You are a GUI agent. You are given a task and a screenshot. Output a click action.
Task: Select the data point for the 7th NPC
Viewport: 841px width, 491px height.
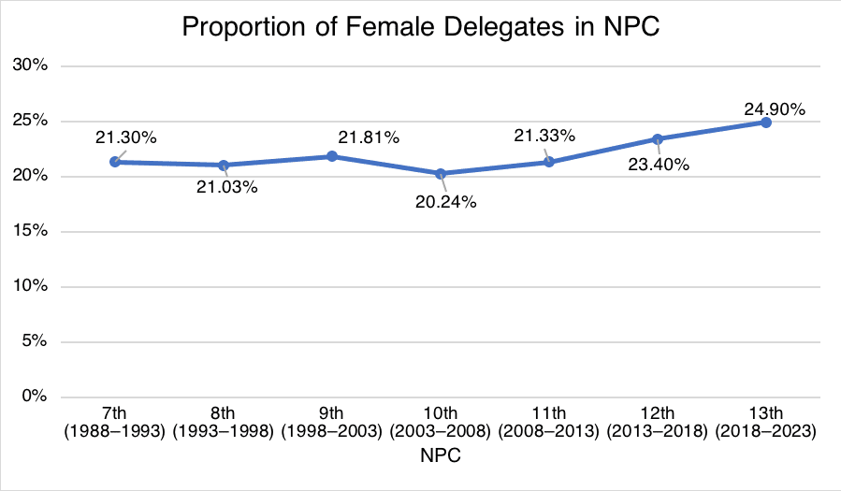pos(115,162)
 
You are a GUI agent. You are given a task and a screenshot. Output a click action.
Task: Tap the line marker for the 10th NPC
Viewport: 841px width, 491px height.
pos(441,173)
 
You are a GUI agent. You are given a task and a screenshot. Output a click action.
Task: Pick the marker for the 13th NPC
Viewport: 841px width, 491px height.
pos(765,123)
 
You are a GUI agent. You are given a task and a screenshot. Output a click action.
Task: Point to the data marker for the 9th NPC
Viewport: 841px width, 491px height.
pos(332,156)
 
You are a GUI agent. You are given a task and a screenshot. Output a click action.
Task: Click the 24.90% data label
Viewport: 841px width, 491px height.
pos(776,109)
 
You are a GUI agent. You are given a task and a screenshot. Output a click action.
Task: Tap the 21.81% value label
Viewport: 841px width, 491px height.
pos(369,137)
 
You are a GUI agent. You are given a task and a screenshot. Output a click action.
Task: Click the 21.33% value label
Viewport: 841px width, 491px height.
pos(544,137)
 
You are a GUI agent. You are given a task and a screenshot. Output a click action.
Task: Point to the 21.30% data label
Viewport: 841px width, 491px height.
pos(125,137)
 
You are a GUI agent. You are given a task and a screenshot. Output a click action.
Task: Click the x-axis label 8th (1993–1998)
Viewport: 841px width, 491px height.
pos(224,423)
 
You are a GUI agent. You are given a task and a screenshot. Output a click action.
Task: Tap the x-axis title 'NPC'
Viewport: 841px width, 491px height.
pos(440,457)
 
